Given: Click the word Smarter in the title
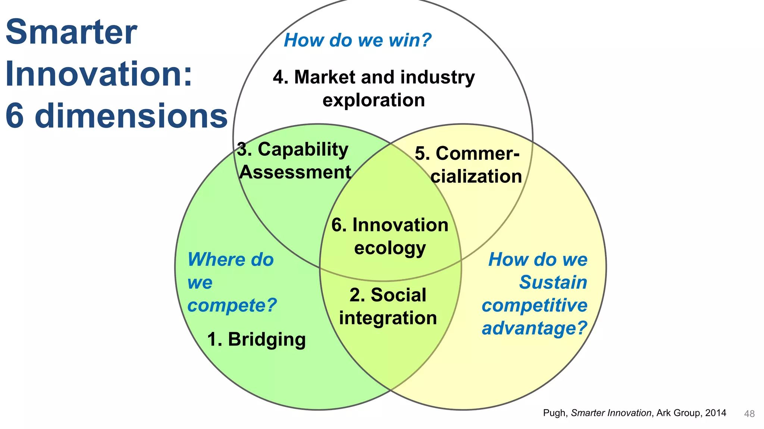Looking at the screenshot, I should point(71,32).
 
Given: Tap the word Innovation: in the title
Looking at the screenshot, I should point(99,74).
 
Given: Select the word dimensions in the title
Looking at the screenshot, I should point(131,116).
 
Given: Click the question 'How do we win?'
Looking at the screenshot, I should point(357,40).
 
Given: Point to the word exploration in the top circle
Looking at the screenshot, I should point(373,100).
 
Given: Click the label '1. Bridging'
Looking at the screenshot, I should point(256,340).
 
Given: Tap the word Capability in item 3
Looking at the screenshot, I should point(303,149).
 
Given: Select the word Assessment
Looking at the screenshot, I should point(295,172).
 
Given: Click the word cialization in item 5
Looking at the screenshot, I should point(476,177).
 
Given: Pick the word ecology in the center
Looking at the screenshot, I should point(390,248).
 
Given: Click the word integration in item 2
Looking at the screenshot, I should point(388,318).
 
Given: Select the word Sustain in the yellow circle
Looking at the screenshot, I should point(553,282).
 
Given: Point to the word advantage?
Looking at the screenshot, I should point(535,328).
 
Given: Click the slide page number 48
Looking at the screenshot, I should point(749,414).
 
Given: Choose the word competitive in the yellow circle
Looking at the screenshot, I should point(535,305).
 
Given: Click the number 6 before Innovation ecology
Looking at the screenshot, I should point(336,225).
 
